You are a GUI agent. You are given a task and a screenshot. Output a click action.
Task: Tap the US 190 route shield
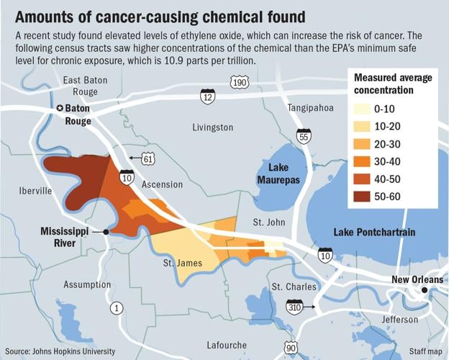(x=240, y=84)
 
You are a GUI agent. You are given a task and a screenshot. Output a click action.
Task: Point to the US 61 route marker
(x=148, y=157)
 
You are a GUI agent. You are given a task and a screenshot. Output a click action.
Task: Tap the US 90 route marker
(x=291, y=348)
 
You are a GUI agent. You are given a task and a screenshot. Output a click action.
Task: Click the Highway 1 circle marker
(x=116, y=308)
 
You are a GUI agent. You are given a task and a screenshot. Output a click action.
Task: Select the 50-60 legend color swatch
(x=363, y=196)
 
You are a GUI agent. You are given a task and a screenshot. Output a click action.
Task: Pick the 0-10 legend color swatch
(x=363, y=109)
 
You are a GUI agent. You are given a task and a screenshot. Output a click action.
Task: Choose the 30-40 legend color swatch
(x=363, y=161)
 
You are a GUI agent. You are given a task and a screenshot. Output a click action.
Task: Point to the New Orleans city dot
(x=425, y=290)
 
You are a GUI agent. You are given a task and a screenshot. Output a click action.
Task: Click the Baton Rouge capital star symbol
(x=60, y=109)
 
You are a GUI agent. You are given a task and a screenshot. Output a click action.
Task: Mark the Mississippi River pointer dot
(x=106, y=232)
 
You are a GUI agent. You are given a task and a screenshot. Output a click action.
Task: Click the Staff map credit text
(x=425, y=351)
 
